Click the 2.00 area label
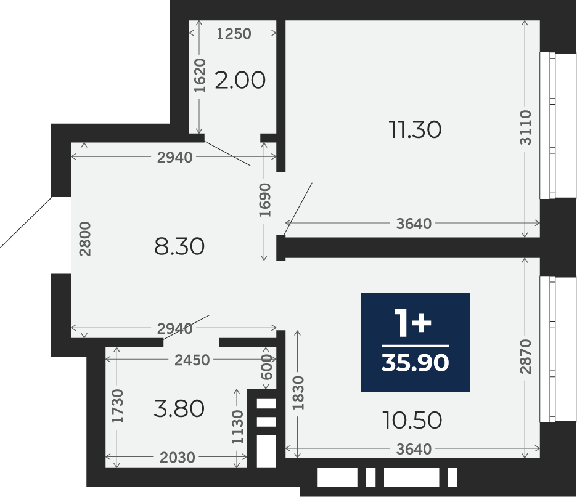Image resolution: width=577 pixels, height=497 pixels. click(x=240, y=80)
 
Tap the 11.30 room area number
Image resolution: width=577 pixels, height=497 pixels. click(x=415, y=130)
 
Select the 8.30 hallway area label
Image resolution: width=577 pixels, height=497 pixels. click(x=179, y=246)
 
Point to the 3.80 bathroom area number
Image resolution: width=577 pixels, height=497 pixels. click(x=179, y=409)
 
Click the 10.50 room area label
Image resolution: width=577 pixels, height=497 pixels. click(x=412, y=420)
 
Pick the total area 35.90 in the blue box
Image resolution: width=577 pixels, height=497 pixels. click(x=415, y=363)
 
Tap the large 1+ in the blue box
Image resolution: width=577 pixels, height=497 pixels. click(x=412, y=323)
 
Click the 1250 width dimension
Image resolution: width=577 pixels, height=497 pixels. click(x=234, y=34)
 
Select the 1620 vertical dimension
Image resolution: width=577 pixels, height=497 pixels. click(x=200, y=75)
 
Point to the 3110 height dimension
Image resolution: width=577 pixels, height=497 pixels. click(x=525, y=127)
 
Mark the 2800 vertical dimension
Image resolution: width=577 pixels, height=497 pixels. click(x=84, y=239)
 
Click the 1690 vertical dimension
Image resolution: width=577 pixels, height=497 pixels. click(x=264, y=200)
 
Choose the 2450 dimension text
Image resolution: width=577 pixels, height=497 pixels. click(x=192, y=360)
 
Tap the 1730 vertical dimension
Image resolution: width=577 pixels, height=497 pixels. click(x=118, y=406)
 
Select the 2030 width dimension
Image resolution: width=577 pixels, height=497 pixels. click(x=178, y=458)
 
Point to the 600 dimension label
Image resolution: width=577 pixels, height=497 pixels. click(x=267, y=367)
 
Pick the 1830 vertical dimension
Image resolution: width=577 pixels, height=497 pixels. click(x=298, y=392)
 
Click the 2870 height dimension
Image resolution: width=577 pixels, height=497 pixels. click(x=525, y=357)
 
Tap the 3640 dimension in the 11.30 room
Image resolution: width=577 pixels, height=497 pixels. click(x=414, y=224)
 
